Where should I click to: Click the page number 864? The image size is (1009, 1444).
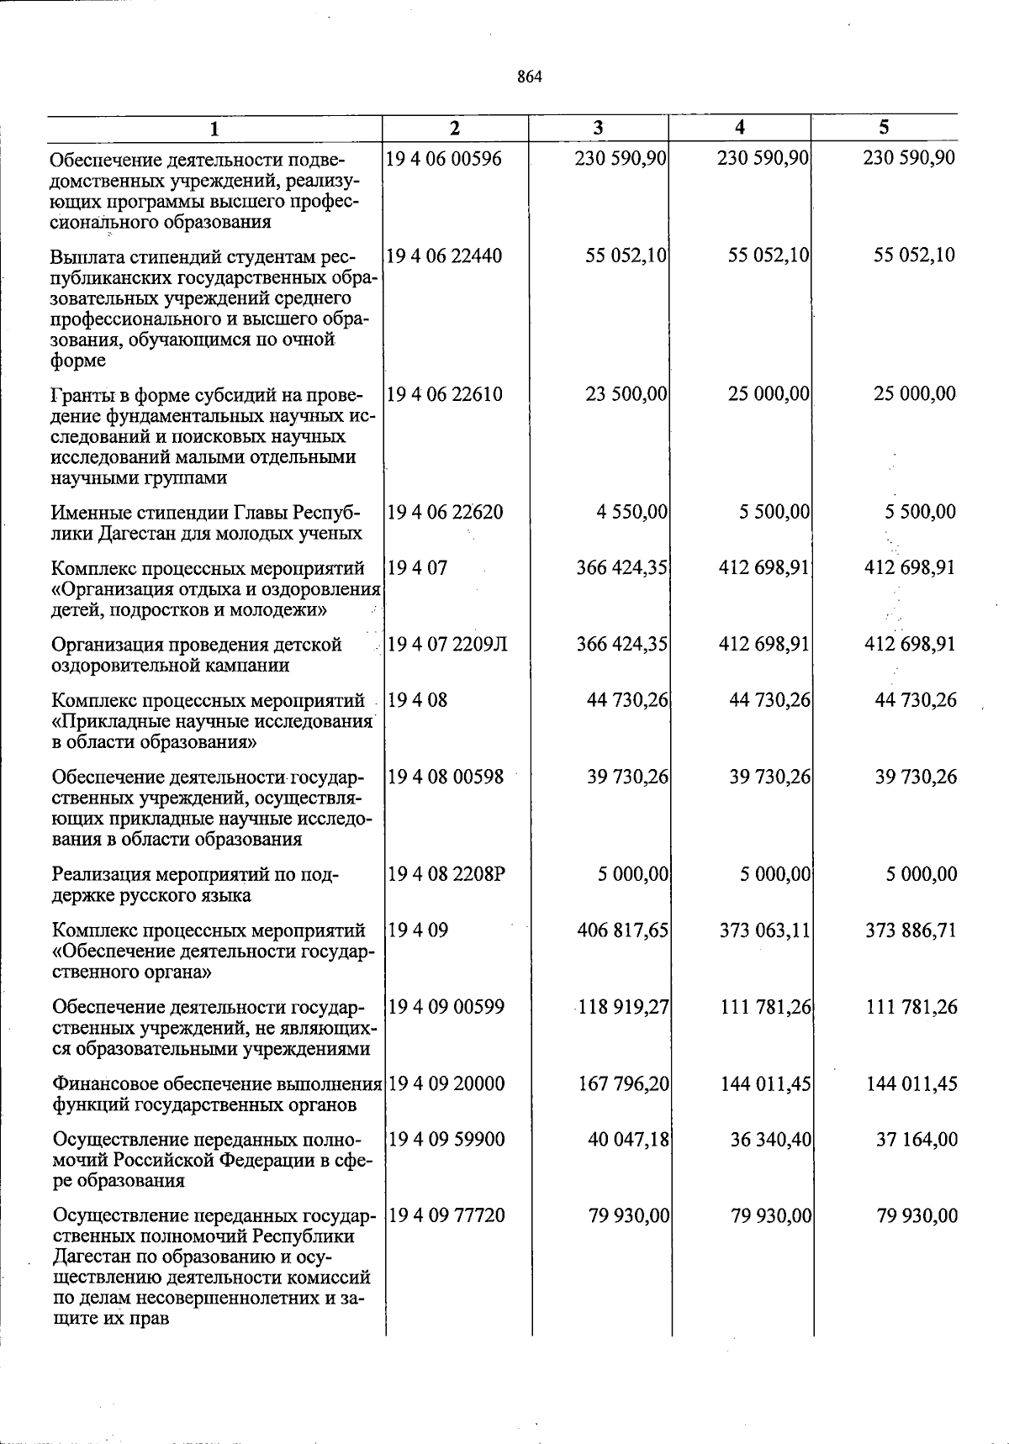530,77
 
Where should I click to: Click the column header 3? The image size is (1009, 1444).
598,128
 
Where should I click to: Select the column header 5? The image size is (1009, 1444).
884,128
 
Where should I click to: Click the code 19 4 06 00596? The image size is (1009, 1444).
443,158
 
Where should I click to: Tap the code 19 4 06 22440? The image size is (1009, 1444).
444,256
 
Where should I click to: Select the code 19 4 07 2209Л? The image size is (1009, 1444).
446,645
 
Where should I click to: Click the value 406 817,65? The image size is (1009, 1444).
623,930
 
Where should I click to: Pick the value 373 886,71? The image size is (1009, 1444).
911,930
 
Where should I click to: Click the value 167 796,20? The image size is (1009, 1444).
624,1083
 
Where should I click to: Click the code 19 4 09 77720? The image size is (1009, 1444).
446,1216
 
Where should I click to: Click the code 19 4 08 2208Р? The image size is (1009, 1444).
446,874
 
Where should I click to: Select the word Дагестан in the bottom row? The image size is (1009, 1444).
92,1257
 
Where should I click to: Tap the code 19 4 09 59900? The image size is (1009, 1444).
446,1140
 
